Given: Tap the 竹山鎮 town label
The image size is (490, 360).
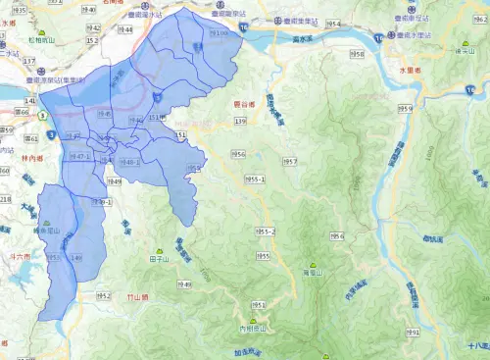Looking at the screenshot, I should click(135, 296).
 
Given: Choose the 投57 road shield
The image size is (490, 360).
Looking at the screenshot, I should click(289, 161).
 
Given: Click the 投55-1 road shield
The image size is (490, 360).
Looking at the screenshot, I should click(256, 180).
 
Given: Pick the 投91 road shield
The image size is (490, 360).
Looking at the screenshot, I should click(413, 333).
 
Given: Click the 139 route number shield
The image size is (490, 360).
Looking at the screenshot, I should click(240, 121).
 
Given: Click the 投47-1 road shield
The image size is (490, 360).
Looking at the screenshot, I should click(78, 156).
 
